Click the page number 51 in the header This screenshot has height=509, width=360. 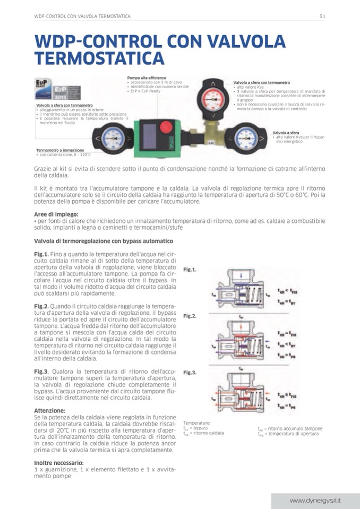(x=322, y=16)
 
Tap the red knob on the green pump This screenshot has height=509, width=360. (x=166, y=128)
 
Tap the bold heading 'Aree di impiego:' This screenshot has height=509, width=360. (x=54, y=214)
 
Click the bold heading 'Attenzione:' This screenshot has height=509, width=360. (x=49, y=410)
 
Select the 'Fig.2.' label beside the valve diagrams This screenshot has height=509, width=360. (x=190, y=316)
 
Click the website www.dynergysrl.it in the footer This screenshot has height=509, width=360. (x=315, y=501)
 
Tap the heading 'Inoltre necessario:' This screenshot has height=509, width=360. (x=59, y=462)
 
